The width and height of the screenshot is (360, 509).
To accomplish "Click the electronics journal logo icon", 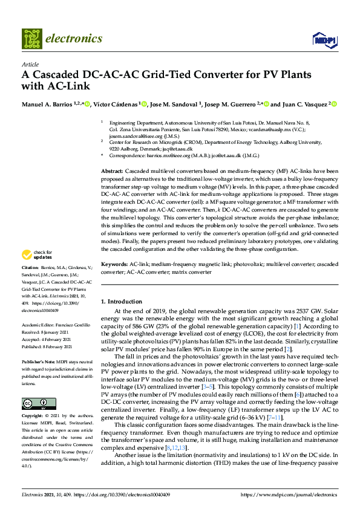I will [x=32, y=38].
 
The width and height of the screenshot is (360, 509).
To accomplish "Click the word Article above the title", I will [x=30, y=63].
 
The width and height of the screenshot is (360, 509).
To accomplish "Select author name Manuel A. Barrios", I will [x=46, y=104].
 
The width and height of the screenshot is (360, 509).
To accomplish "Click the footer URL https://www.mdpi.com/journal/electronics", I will [x=289, y=494].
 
